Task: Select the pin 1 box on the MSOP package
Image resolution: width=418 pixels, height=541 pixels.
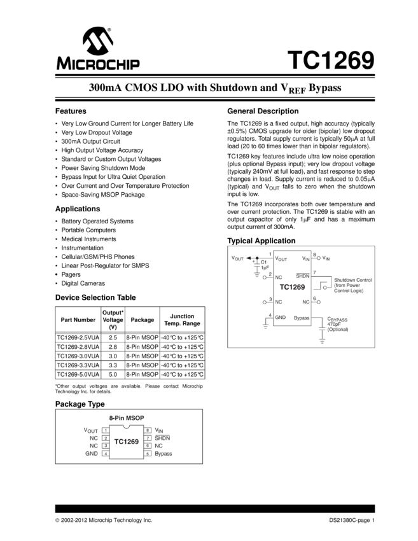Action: (x=105, y=430)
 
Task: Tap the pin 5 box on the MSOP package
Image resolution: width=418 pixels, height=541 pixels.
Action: (x=148, y=454)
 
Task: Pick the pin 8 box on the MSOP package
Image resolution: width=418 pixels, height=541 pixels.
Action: (x=148, y=430)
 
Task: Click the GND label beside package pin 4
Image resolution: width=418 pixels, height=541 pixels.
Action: (x=92, y=454)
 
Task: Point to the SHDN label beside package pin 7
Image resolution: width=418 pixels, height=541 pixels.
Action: (x=162, y=439)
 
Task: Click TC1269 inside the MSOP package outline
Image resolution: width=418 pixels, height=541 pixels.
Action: (x=126, y=441)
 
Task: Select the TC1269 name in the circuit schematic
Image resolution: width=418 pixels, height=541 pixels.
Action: (x=292, y=287)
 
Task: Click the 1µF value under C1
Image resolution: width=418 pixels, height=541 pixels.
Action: (x=264, y=267)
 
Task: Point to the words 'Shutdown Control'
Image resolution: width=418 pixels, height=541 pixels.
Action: (x=353, y=280)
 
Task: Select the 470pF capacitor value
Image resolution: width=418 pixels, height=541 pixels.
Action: (x=335, y=324)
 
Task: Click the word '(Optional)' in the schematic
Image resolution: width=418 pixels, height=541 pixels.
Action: (x=338, y=330)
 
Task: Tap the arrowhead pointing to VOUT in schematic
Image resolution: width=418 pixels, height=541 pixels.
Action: (x=248, y=258)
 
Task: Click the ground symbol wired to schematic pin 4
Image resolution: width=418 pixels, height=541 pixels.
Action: (x=265, y=326)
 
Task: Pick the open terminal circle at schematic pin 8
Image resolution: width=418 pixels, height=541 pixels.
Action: (x=318, y=258)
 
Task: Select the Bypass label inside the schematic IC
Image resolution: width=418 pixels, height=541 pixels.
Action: (x=302, y=317)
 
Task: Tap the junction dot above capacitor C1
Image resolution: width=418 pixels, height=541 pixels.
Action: (x=256, y=258)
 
